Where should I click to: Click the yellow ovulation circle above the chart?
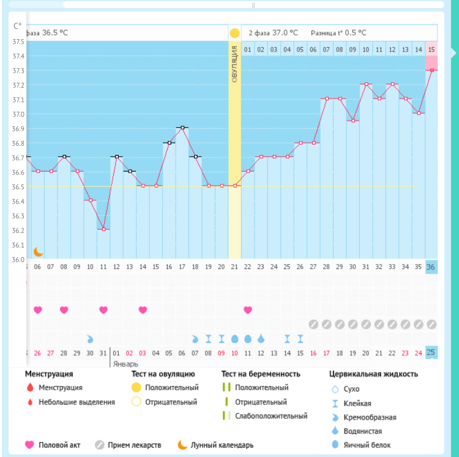pyautogui.click(x=234, y=33)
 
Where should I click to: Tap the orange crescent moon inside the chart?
pyautogui.click(x=39, y=252)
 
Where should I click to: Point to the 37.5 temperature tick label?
pyautogui.click(x=18, y=42)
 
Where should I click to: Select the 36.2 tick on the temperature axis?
pyautogui.click(x=18, y=230)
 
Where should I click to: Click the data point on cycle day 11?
pyautogui.click(x=103, y=230)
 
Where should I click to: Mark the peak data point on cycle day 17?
pyautogui.click(x=182, y=127)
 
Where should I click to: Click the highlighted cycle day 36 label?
pyautogui.click(x=431, y=267)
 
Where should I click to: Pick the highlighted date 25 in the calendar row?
pyautogui.click(x=431, y=352)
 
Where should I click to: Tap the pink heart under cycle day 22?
pyautogui.click(x=248, y=310)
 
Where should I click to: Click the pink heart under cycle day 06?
pyautogui.click(x=38, y=310)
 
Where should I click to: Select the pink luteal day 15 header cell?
pyautogui.click(x=431, y=49)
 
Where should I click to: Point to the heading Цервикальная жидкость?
pyautogui.click(x=373, y=374)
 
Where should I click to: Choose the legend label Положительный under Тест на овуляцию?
pyautogui.click(x=171, y=388)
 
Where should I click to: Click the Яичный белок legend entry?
pyautogui.click(x=367, y=445)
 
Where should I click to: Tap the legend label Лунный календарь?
pyautogui.click(x=222, y=445)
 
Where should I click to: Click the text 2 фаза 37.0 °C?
pyautogui.click(x=273, y=33)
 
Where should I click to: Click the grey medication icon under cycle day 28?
pyautogui.click(x=327, y=324)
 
